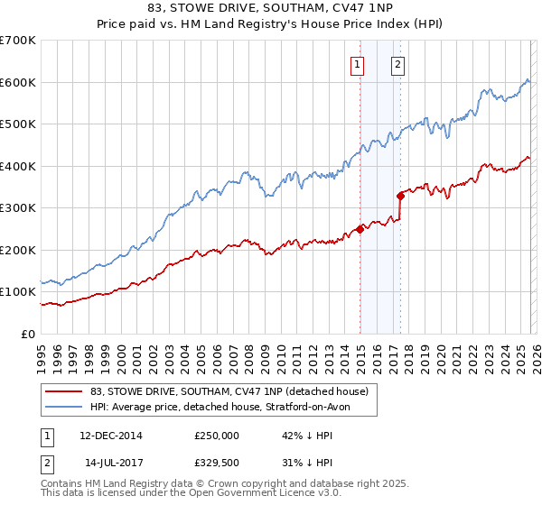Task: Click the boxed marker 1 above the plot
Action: pyautogui.click(x=359, y=64)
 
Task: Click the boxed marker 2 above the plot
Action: pyautogui.click(x=397, y=64)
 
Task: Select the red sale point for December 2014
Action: pyautogui.click(x=360, y=229)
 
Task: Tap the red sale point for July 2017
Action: pyautogui.click(x=400, y=195)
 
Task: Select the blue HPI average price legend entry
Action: pyautogui.click(x=220, y=408)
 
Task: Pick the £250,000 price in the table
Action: pyautogui.click(x=216, y=435)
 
